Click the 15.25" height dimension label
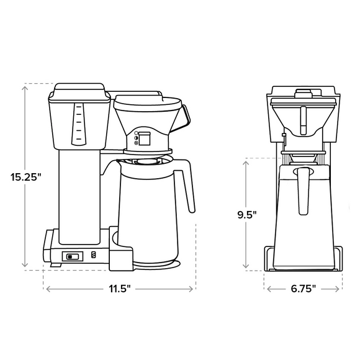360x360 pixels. (x=25, y=177)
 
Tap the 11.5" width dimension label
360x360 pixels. (x=119, y=289)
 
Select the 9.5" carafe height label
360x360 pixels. (x=247, y=215)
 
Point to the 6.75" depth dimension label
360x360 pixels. (x=303, y=289)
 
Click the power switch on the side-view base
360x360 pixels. (x=73, y=255)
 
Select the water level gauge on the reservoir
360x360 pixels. (x=78, y=125)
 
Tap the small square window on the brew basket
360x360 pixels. (x=143, y=138)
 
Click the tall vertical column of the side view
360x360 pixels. (x=80, y=192)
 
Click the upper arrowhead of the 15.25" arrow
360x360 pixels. (x=25, y=86)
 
